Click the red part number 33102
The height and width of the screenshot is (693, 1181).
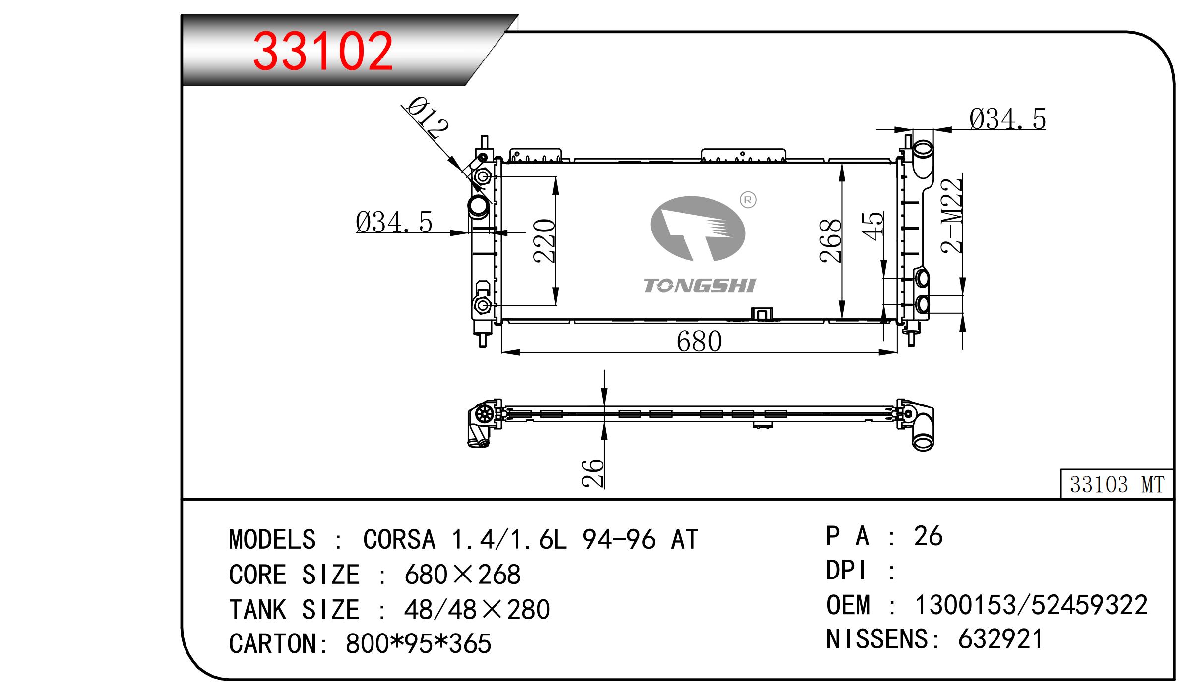click(x=323, y=51)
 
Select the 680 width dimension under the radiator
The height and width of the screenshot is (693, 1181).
click(x=699, y=341)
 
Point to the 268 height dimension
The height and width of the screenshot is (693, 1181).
click(x=830, y=240)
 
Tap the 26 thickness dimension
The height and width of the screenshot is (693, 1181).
click(x=593, y=473)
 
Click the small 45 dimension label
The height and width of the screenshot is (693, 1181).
click(x=872, y=226)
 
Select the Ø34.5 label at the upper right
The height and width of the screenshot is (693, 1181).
click(x=1007, y=119)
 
